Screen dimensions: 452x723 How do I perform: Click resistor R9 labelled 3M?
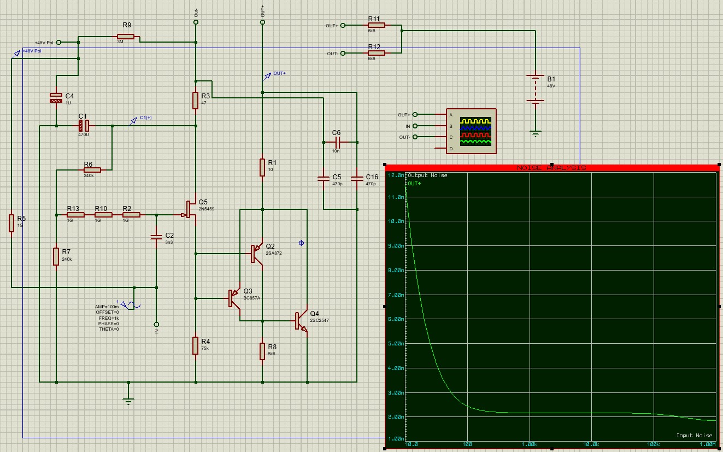tap(126, 37)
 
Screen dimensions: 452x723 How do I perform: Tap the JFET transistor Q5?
tap(191, 209)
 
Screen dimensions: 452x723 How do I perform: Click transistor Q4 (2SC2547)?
tap(302, 321)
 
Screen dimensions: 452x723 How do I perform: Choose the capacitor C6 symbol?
tap(337, 143)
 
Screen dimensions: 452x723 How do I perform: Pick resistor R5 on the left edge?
tap(11, 223)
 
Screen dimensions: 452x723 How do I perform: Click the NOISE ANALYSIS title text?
tap(551, 168)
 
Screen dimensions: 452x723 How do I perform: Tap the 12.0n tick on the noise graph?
tap(395, 175)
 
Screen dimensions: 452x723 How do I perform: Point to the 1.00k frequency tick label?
tap(528, 444)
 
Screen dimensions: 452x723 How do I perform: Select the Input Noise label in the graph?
tap(694, 436)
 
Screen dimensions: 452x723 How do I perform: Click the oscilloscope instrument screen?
tap(475, 131)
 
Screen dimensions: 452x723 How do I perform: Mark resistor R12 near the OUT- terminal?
tap(376, 53)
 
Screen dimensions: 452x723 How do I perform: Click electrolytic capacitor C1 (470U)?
tap(84, 126)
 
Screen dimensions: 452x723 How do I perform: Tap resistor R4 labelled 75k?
tap(196, 345)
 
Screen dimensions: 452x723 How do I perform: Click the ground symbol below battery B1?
tap(536, 132)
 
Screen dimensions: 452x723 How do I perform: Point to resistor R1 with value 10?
tap(263, 167)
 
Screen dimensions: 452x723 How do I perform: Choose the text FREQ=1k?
tap(109, 318)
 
